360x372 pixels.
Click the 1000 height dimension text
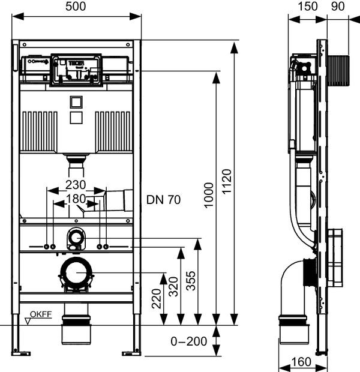(x=208, y=196)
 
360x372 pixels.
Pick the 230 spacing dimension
(x=76, y=184)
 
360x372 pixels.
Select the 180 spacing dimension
(x=76, y=198)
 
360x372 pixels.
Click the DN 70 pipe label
(x=163, y=199)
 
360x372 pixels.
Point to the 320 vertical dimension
(x=173, y=288)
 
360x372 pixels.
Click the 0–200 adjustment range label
(x=188, y=341)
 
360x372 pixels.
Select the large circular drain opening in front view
(x=77, y=275)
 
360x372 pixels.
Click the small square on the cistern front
(x=76, y=103)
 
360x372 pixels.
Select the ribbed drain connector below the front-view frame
(x=76, y=332)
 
